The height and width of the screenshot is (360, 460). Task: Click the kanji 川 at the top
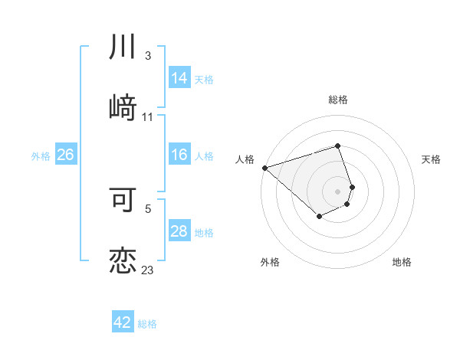(123, 47)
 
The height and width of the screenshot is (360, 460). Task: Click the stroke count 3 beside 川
(148, 56)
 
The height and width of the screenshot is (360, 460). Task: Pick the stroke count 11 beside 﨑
(148, 116)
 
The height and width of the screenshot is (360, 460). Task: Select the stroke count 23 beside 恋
(148, 270)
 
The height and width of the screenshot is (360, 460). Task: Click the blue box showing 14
(179, 78)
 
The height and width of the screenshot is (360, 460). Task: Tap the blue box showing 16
(179, 155)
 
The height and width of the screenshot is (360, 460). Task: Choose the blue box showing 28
(179, 231)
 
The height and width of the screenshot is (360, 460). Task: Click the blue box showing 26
(65, 155)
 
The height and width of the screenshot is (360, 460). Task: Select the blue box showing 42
(123, 322)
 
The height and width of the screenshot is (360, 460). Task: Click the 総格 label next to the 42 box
(147, 324)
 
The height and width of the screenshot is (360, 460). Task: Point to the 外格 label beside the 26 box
(41, 156)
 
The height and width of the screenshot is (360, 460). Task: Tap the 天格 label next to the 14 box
(204, 80)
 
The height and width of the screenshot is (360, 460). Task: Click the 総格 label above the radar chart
(338, 100)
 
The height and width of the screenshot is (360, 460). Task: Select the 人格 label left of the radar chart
(245, 159)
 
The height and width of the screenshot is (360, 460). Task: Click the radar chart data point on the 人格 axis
(264, 168)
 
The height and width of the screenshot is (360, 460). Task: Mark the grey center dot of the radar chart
(337, 191)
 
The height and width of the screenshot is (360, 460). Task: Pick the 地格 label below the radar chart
(402, 262)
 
